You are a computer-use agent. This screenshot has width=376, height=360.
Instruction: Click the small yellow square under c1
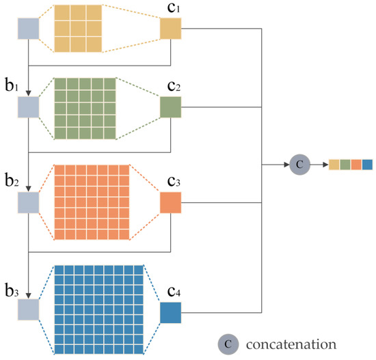tap(170, 29)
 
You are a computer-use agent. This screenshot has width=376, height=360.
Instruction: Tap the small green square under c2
tap(170, 107)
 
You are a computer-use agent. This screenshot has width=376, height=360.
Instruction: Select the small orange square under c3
tap(170, 203)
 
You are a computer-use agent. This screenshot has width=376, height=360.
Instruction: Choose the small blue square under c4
tap(170, 311)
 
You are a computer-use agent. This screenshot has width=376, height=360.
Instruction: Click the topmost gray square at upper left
tap(29, 29)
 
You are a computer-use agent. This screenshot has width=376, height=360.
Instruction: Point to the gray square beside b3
tap(29, 310)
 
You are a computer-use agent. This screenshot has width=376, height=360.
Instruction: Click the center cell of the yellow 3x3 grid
tap(77, 28)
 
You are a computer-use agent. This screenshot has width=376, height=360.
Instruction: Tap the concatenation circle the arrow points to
tap(299, 164)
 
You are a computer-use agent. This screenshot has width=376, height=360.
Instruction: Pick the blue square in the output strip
tap(367, 164)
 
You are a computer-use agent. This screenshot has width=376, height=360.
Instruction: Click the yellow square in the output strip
tap(334, 164)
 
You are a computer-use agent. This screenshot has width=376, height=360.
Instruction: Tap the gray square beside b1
tap(29, 107)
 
